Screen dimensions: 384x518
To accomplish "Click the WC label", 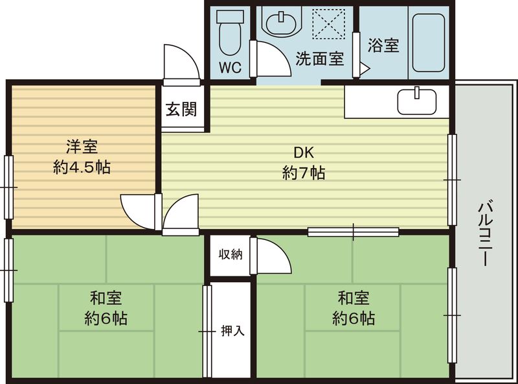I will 230,67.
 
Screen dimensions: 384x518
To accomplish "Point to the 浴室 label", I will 383,45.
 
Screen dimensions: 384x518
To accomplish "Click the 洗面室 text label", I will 319,58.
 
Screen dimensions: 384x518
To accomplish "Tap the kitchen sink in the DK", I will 417,101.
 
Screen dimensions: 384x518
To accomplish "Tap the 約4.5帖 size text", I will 81,167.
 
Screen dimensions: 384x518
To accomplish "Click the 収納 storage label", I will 230,254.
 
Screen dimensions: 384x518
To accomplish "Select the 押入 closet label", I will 232,331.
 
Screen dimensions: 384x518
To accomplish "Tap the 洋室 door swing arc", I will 137,211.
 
